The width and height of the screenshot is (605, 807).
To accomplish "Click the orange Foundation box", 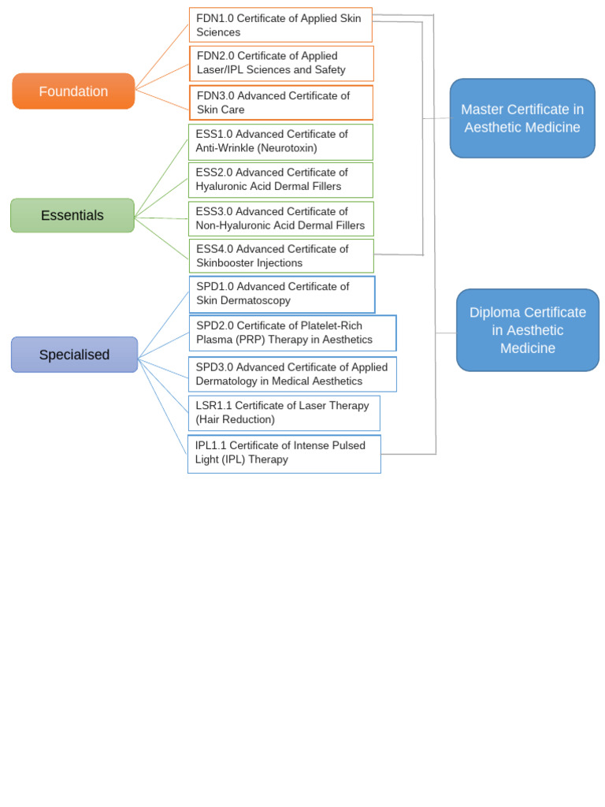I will coord(73,91).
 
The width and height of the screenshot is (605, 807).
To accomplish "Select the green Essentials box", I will coord(72,215).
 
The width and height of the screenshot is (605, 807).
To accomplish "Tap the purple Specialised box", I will coord(74,355).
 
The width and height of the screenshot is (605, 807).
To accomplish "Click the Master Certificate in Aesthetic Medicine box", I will coord(522,118).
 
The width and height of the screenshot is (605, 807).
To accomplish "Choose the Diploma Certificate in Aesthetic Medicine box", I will coord(528,330).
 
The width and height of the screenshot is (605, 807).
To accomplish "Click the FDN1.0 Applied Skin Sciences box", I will coord(280,25).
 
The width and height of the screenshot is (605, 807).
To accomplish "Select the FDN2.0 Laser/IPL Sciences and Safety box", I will coord(281,63).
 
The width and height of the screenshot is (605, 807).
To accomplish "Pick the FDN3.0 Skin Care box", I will coord(281,102).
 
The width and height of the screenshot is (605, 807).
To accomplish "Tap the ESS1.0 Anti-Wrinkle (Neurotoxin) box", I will coord(280,142).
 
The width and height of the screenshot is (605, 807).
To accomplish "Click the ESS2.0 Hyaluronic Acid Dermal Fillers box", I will coord(280,180).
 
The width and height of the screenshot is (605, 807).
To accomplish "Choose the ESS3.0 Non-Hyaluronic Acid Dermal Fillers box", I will coord(281,218).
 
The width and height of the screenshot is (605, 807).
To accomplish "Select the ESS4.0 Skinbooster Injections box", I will coord(281,256).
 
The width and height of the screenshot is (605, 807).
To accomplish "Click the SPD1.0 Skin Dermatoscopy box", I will coord(282,294).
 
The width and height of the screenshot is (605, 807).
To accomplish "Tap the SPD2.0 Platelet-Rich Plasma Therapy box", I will coord(292,333).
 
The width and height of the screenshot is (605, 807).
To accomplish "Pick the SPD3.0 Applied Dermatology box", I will coord(292,374).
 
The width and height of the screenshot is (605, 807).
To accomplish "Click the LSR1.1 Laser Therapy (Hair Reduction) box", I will coord(284,413).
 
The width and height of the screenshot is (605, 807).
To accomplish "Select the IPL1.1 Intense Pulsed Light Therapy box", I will coord(284,453).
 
